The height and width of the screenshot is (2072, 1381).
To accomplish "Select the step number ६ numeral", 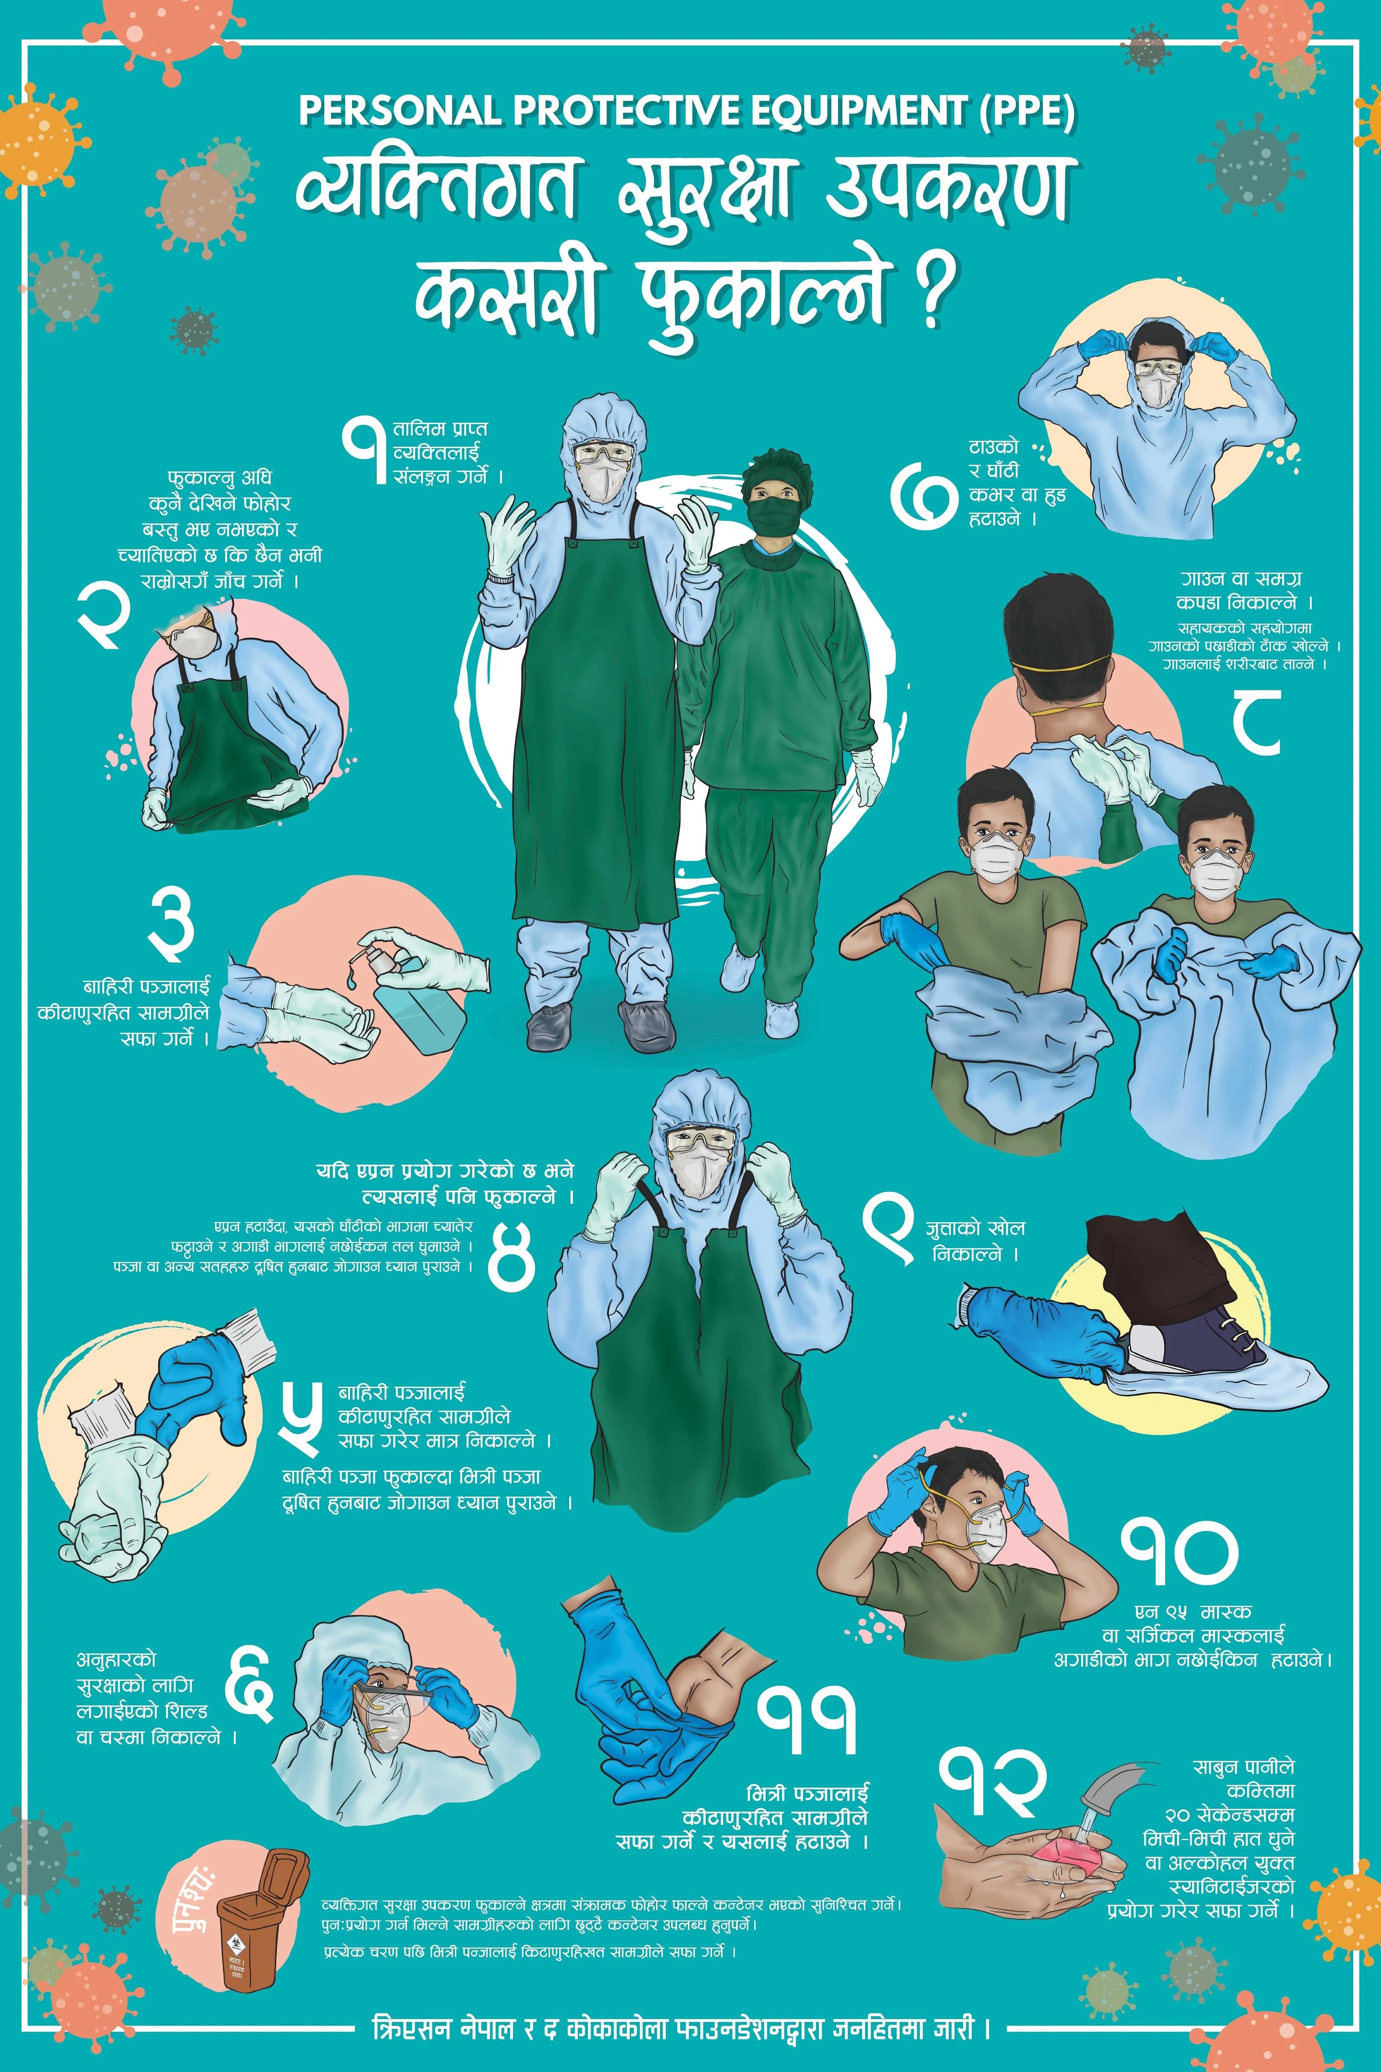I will pyautogui.click(x=249, y=1696).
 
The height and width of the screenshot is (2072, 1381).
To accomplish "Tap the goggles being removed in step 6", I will pyautogui.click(x=388, y=1691).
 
